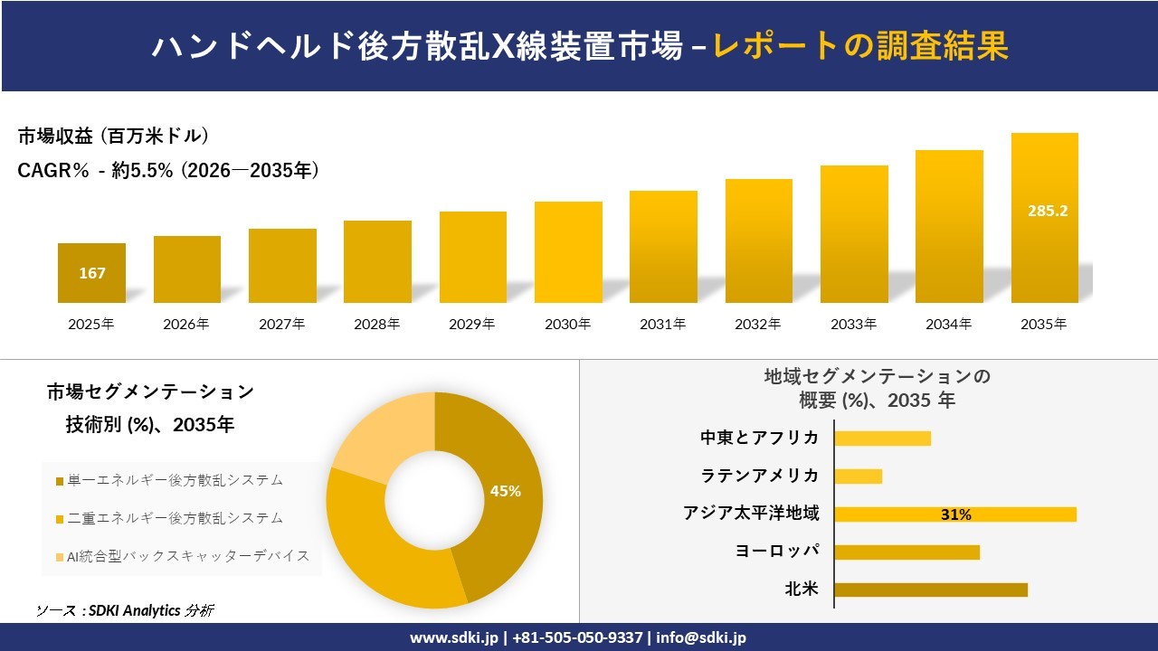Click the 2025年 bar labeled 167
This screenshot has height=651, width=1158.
coord(91,272)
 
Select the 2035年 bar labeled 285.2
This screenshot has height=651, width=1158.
coord(1044,217)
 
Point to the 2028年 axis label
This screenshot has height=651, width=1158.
coord(377,324)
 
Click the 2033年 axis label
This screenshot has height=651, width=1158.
coord(853,324)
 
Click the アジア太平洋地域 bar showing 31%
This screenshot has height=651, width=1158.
coord(954,514)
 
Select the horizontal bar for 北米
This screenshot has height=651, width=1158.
coord(930,590)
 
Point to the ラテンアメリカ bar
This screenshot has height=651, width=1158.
coord(858,476)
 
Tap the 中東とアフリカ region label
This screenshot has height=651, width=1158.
coord(759,438)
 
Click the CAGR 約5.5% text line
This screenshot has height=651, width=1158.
coord(168,170)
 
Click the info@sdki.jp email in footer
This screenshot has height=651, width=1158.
coord(701,637)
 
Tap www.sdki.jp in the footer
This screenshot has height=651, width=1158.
coord(453,637)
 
